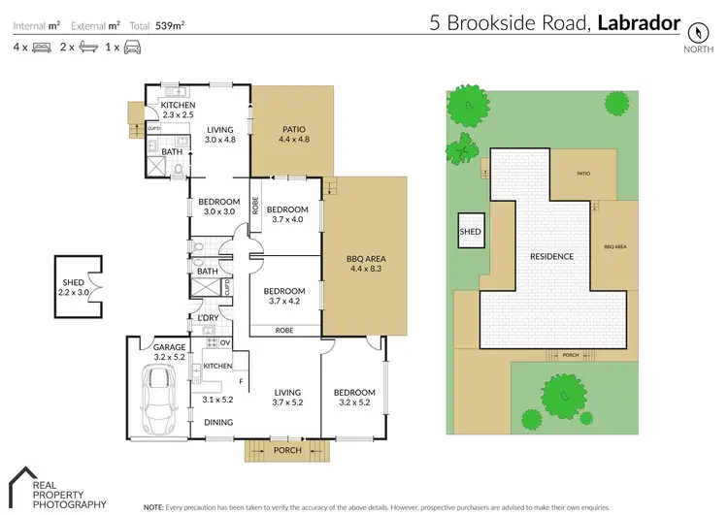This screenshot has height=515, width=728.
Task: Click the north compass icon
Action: click(x=694, y=29)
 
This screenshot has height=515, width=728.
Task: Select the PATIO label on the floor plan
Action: click(x=293, y=127)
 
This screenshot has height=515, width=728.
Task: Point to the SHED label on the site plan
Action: click(x=470, y=232)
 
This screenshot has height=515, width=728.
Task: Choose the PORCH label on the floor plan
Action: click(x=288, y=450)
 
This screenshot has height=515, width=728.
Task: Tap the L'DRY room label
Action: click(x=207, y=319)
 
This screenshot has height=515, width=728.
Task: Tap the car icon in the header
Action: click(x=133, y=47)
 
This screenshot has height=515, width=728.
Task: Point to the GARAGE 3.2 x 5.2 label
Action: click(x=155, y=352)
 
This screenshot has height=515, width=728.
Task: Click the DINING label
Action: click(x=218, y=422)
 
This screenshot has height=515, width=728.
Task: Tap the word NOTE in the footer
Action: click(x=153, y=507)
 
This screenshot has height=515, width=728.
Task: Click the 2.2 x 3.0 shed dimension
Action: click(x=75, y=291)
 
